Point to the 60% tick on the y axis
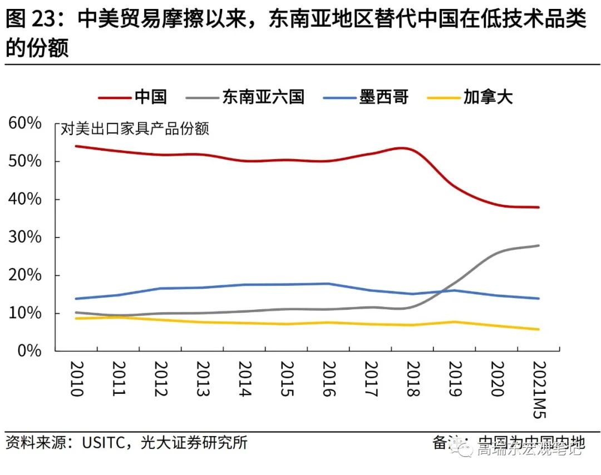tap(25, 123)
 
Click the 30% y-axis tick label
tap(25, 237)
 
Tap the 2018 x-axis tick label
tap(413, 379)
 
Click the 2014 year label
tap(244, 379)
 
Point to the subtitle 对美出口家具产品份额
tap(135, 129)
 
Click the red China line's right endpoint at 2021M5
tap(539, 207)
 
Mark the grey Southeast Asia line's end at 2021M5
tap(539, 245)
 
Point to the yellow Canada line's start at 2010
tap(76, 318)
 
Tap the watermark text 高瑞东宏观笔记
tap(529, 448)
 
